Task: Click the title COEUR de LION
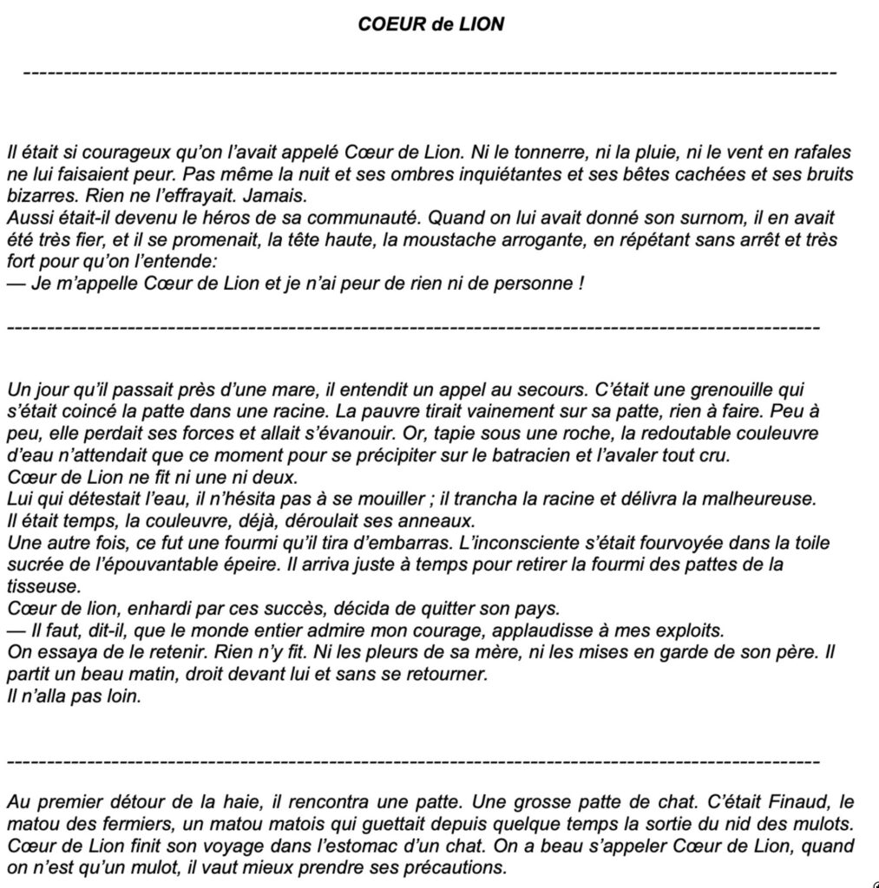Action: [430, 24]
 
